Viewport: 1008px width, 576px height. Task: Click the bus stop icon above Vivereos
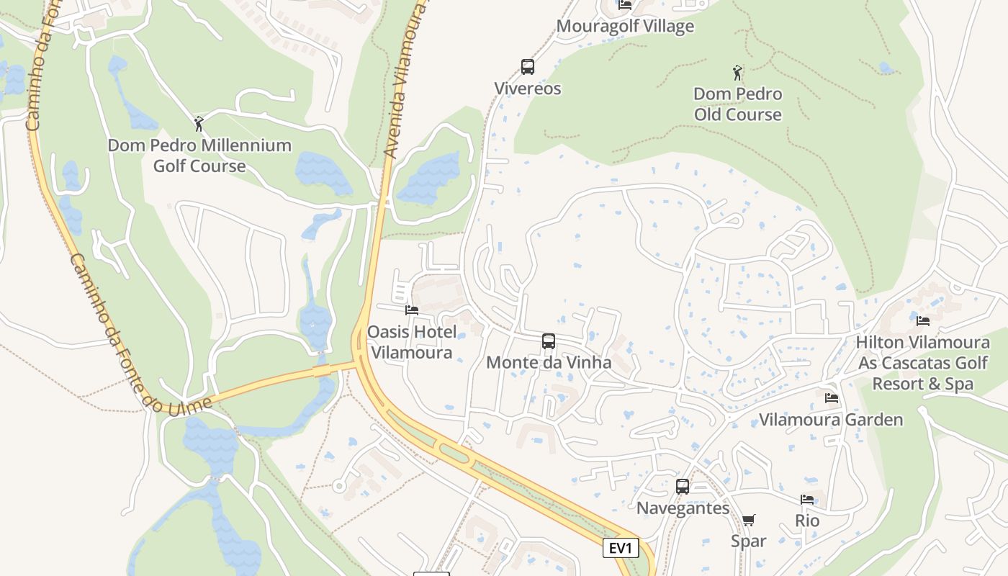(528, 67)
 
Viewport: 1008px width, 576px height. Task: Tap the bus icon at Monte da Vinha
(549, 341)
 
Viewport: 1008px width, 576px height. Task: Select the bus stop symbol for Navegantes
(683, 487)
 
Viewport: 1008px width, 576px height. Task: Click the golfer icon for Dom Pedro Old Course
(737, 73)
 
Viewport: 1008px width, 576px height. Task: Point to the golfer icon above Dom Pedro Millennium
(199, 124)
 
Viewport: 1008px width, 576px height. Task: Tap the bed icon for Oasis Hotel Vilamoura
(412, 310)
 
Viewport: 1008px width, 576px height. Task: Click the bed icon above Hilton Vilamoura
(923, 321)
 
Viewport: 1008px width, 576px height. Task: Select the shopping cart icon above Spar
(749, 520)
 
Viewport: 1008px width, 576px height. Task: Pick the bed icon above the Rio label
(807, 500)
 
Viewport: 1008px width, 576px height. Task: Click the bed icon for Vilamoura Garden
(832, 398)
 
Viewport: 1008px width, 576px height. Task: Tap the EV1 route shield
(621, 548)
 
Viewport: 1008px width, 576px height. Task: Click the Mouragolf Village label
(625, 27)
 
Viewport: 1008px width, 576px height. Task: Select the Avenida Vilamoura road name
(402, 79)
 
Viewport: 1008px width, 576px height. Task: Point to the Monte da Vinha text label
(549, 362)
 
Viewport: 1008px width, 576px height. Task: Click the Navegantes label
(683, 508)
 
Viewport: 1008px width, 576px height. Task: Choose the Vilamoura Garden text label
(831, 420)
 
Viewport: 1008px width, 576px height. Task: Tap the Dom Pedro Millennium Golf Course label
(199, 156)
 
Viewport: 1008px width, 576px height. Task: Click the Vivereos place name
(528, 89)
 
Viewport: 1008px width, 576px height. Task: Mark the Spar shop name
(749, 541)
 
